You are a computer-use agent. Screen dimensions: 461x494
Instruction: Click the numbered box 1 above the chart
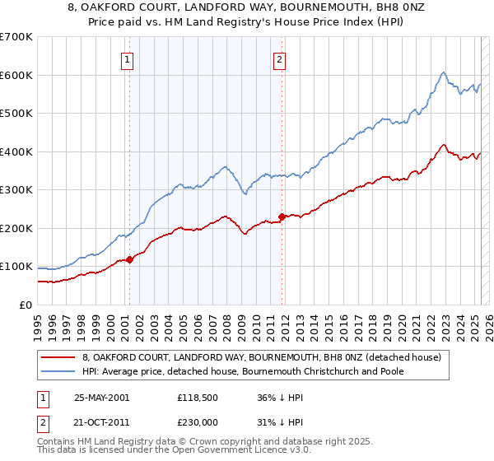[x=128, y=58]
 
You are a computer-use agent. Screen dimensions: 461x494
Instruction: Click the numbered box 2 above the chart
[x=279, y=58]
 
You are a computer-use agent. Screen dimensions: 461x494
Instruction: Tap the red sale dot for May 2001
[x=129, y=259]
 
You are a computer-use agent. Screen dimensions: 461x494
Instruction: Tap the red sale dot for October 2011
[x=282, y=217]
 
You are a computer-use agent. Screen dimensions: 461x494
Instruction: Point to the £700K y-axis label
[x=16, y=37]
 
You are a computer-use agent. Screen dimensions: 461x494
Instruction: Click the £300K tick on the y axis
[x=16, y=190]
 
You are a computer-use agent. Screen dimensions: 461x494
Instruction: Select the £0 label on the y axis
[x=26, y=305]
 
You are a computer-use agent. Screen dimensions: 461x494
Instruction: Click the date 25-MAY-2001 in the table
[x=102, y=397]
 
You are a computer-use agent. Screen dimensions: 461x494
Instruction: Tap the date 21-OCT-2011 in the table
[x=102, y=420]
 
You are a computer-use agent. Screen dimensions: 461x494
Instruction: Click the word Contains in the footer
[x=58, y=443]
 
